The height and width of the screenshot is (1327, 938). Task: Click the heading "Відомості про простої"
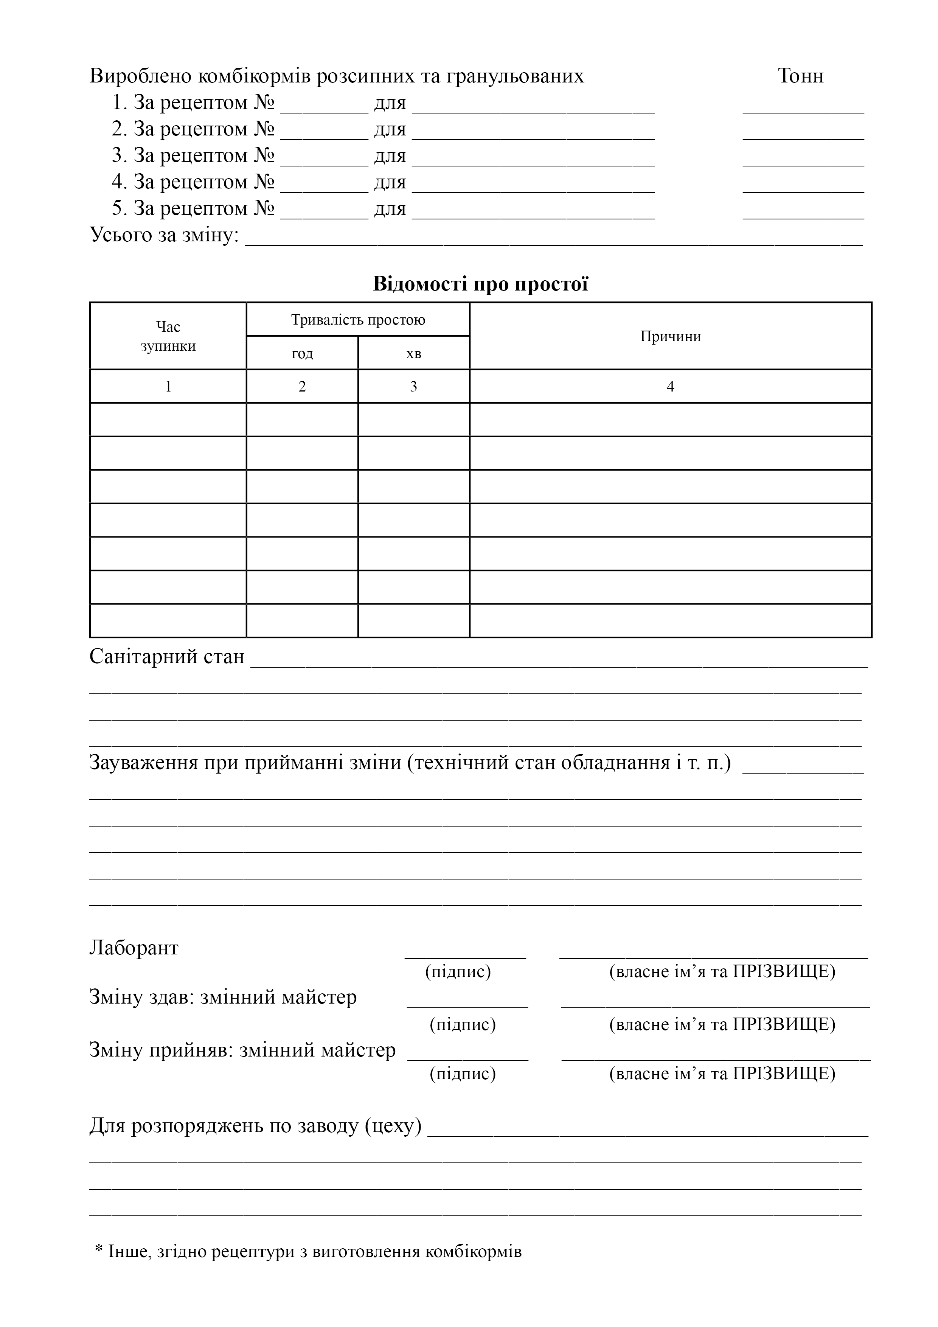click(480, 284)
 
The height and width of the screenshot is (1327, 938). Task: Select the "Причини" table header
click(671, 336)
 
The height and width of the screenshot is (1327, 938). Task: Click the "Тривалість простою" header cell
click(358, 320)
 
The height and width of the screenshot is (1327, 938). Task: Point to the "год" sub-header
click(302, 353)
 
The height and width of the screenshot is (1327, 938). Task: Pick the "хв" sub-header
click(414, 353)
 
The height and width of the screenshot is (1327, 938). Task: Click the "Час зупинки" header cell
click(168, 336)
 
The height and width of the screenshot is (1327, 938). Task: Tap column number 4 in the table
click(671, 387)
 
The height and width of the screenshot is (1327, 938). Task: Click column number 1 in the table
click(168, 387)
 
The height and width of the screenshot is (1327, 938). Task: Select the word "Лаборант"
click(134, 948)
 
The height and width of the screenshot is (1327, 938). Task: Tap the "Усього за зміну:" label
click(165, 235)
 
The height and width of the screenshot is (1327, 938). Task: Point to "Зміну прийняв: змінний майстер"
click(243, 1050)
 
